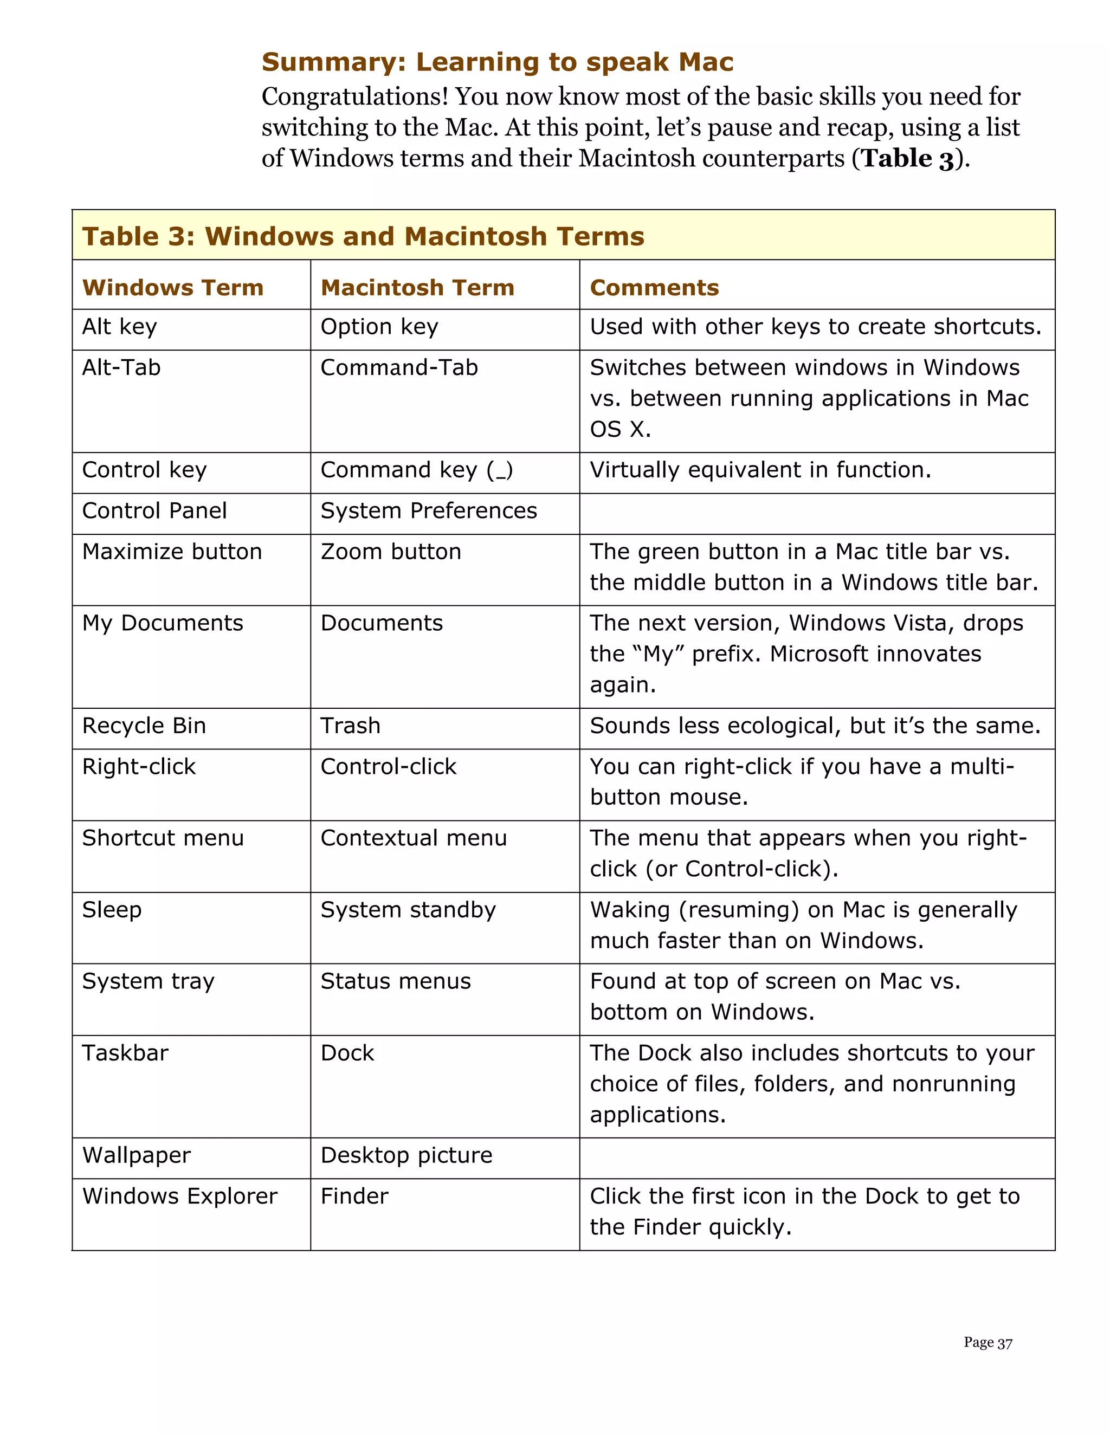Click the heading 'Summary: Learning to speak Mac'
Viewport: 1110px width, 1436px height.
497,62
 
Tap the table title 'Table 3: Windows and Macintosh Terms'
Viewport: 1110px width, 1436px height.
363,236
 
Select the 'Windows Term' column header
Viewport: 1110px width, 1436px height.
172,287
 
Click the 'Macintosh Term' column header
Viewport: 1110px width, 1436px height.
417,287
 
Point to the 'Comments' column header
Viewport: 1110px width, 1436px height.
654,287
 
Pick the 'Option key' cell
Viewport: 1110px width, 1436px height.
379,327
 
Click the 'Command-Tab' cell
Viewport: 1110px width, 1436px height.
398,367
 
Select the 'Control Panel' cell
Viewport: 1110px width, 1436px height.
154,511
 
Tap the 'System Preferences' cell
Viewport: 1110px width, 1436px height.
428,511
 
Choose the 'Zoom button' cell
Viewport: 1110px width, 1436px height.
391,552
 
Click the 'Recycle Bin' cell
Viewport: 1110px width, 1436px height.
144,726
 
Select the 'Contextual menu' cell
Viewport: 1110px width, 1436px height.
413,838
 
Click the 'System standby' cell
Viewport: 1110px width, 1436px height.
408,910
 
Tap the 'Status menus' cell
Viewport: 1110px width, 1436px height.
395,982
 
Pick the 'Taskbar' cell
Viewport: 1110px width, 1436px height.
125,1053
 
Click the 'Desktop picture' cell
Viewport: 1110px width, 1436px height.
406,1155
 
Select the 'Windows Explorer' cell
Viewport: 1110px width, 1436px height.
179,1196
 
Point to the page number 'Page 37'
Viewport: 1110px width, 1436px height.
987,1343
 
